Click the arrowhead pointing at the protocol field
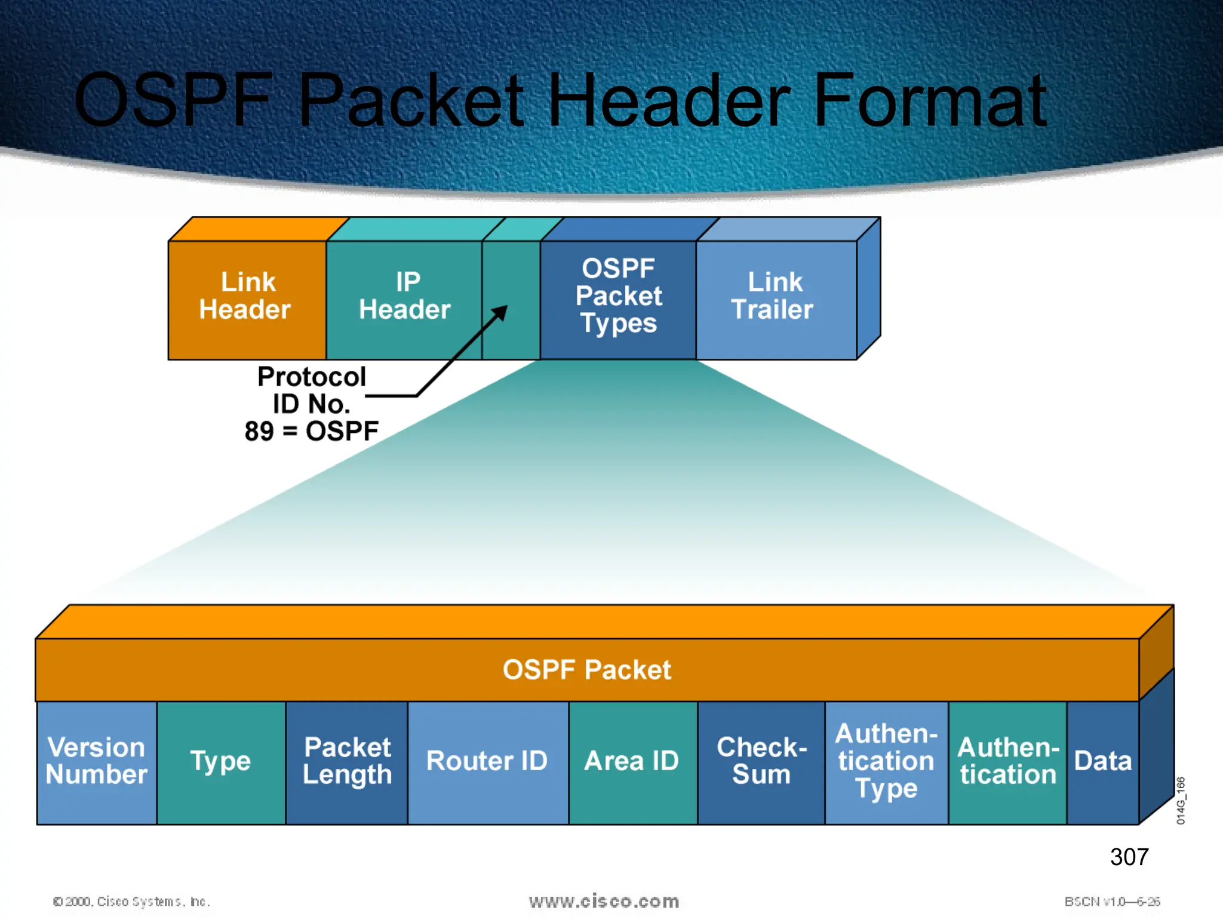pos(502,311)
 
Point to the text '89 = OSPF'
pos(311,431)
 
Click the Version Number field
pos(97,761)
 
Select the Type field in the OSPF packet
pos(220,761)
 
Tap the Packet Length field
pos(347,761)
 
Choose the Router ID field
pos(487,761)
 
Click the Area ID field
pos(632,761)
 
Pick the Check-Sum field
pos(761,761)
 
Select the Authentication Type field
pos(886,761)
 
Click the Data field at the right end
pos(1102,761)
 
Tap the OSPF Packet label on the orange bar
pos(586,670)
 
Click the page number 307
pos(1129,857)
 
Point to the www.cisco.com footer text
pos(604,901)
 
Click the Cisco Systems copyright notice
pos(131,901)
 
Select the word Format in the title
pos(930,100)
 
